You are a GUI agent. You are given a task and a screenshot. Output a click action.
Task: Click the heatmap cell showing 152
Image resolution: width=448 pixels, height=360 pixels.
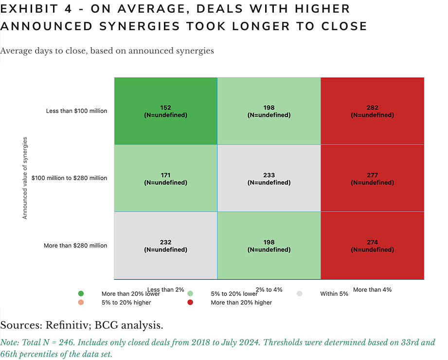(x=166, y=111)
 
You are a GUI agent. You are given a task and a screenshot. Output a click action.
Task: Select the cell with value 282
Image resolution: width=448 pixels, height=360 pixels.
(x=372, y=111)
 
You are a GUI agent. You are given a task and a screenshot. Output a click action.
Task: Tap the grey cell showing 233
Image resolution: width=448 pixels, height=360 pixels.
(x=269, y=179)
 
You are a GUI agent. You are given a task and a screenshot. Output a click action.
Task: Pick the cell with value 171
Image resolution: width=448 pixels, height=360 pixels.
(x=166, y=179)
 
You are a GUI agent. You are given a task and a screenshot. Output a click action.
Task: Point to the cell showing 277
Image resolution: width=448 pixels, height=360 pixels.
(x=372, y=179)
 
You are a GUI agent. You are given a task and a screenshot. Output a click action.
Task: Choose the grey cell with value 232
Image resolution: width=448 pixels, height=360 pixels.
(x=166, y=246)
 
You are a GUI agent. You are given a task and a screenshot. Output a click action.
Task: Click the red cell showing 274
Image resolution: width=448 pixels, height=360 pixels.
(x=372, y=246)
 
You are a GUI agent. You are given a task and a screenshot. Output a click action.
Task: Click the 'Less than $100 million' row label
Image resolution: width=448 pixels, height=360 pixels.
(x=76, y=111)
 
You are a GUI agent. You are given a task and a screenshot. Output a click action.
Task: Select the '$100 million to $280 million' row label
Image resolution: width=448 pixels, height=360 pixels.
(x=69, y=178)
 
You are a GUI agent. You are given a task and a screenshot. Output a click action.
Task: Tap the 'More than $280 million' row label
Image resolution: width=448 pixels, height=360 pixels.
(x=75, y=246)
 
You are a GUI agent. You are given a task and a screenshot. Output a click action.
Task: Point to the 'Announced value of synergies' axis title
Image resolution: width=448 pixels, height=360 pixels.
(x=25, y=178)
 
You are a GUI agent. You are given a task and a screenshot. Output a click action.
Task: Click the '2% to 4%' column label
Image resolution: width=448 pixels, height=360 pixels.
(x=269, y=290)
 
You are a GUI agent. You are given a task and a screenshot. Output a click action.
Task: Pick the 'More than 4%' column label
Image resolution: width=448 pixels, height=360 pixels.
(x=372, y=290)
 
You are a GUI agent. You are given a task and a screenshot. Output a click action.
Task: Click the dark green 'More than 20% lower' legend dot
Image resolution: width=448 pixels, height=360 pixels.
(x=81, y=294)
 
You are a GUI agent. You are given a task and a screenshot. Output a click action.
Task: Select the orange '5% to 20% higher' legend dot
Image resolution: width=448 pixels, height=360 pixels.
(x=81, y=303)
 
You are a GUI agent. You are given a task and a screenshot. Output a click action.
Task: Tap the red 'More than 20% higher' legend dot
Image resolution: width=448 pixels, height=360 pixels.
(x=191, y=303)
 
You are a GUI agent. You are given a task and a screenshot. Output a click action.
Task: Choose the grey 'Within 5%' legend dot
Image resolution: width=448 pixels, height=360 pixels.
(x=300, y=294)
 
